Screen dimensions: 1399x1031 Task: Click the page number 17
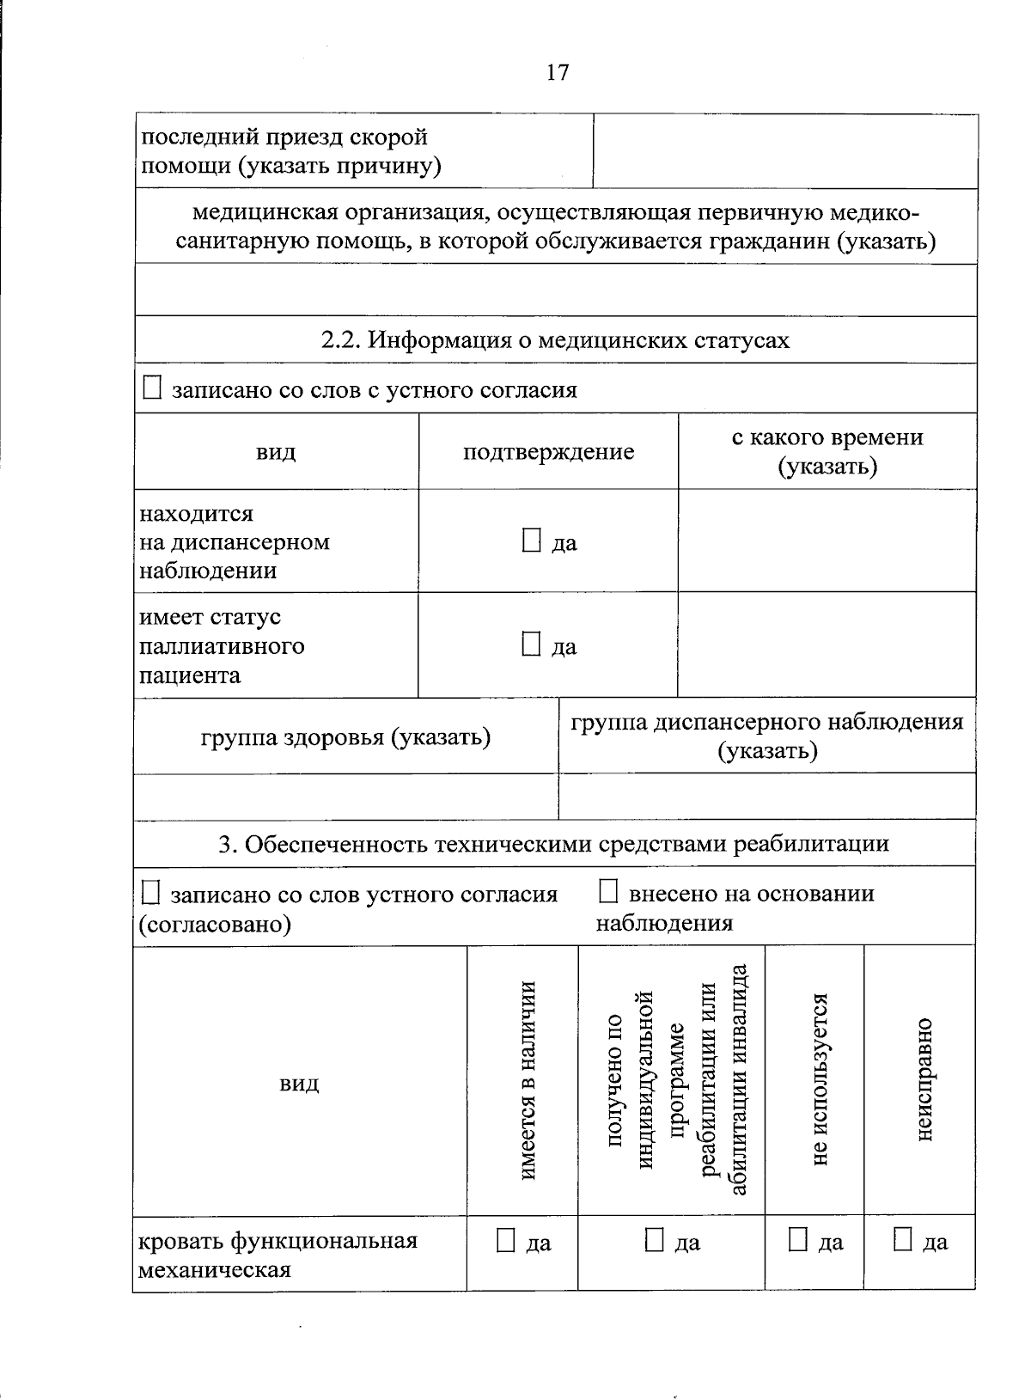click(557, 72)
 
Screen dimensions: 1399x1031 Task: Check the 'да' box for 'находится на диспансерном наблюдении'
click(532, 541)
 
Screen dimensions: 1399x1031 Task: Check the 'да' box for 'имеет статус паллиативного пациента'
click(532, 645)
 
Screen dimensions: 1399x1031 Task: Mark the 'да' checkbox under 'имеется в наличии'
click(506, 1240)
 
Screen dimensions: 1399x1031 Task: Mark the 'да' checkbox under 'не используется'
click(798, 1240)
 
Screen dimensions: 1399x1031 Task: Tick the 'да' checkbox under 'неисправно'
click(902, 1240)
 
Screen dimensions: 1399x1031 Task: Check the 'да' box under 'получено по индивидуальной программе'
click(655, 1240)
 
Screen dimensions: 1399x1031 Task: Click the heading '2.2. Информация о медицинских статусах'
click(555, 340)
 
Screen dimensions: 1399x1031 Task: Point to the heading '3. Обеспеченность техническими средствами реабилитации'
click(553, 844)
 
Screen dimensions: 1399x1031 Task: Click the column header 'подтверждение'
click(548, 452)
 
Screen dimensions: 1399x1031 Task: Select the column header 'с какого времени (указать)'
click(827, 452)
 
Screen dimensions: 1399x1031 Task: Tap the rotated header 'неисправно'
click(924, 1079)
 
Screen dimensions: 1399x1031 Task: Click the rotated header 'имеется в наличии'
click(528, 1079)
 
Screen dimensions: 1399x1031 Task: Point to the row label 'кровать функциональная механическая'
click(278, 1255)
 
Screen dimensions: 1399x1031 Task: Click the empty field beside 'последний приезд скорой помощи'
click(784, 151)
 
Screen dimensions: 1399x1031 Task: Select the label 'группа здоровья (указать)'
click(345, 737)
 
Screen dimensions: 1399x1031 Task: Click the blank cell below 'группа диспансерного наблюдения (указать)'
click(766, 796)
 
